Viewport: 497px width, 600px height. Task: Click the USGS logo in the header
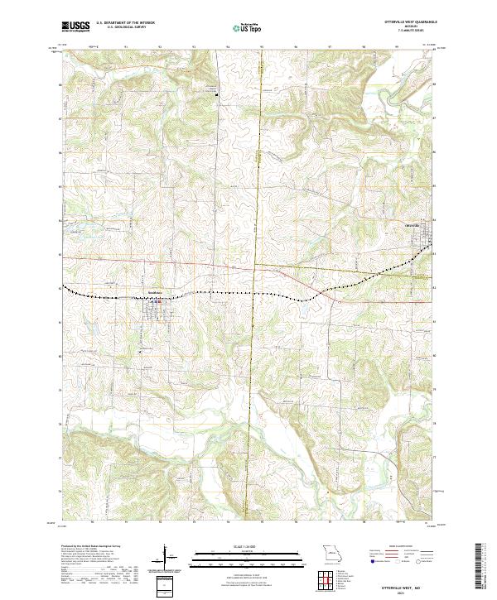[75, 27]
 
